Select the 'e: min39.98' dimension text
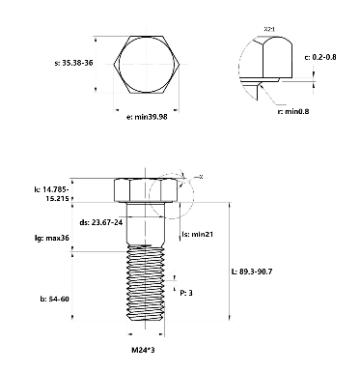tap(146, 117)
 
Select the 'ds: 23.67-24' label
tap(100, 221)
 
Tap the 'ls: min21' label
tap(198, 235)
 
